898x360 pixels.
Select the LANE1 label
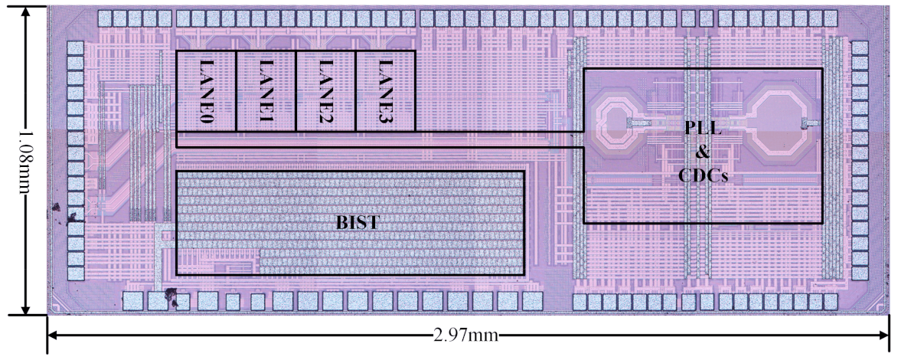(x=266, y=92)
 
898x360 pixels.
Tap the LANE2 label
(x=325, y=92)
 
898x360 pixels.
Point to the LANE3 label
(x=385, y=92)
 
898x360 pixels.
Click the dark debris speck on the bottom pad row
(x=171, y=296)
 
